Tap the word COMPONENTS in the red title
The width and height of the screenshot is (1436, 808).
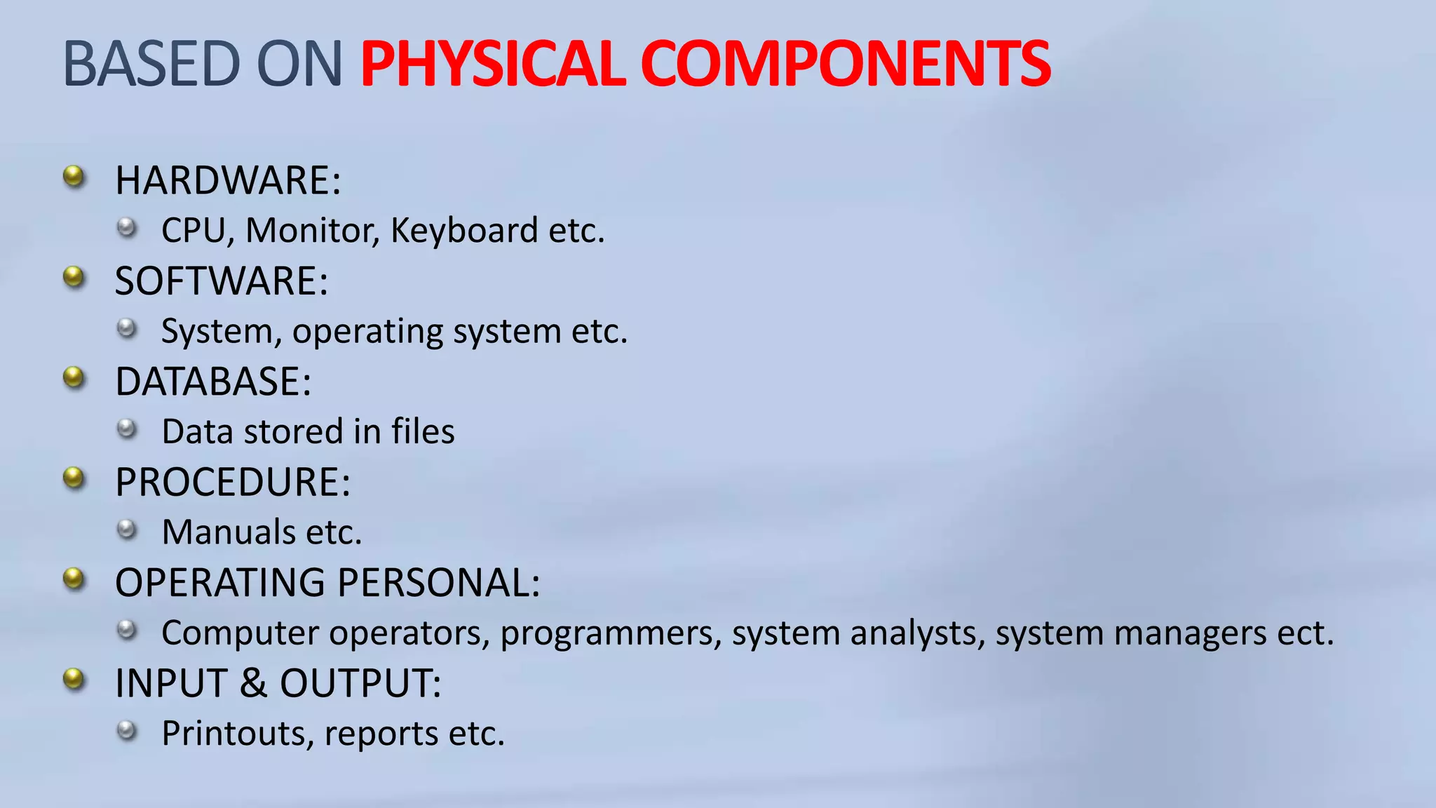845,64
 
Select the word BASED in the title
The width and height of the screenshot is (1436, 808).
151,64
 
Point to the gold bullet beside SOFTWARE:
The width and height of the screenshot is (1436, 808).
74,278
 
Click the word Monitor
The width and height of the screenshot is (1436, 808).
312,231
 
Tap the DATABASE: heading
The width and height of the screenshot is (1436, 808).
213,382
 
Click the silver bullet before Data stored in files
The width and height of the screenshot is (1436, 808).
127,429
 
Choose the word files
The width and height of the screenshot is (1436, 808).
423,431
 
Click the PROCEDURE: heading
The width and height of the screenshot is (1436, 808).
233,483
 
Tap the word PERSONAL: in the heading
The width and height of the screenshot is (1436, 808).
439,583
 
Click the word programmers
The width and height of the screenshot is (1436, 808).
611,634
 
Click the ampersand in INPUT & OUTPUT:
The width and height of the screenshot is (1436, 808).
254,683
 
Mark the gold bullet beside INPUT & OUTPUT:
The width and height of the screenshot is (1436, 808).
74,680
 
